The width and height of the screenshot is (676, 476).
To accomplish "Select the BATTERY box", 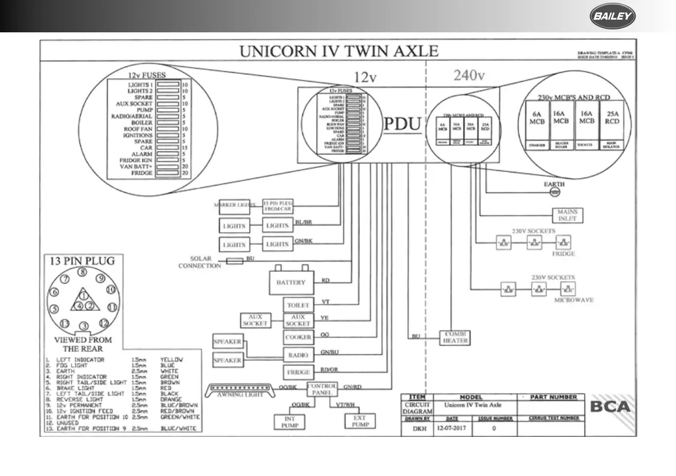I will (x=291, y=282).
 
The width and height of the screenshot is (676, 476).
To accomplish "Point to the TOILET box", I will (x=297, y=305).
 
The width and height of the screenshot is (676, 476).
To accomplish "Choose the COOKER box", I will (x=297, y=338).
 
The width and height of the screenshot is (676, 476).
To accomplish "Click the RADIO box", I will (x=297, y=355).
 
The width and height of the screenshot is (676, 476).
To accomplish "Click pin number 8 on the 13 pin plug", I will (x=83, y=273).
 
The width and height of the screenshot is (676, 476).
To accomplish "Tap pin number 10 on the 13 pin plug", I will (x=111, y=289).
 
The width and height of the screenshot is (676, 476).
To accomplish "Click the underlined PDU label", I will (x=403, y=125).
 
